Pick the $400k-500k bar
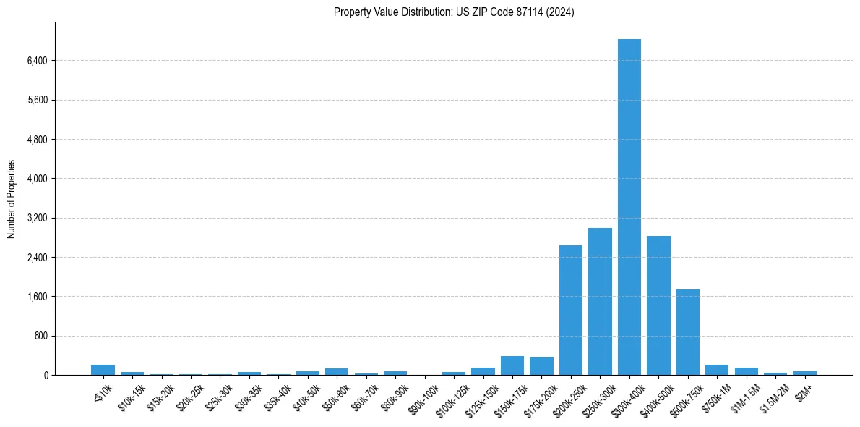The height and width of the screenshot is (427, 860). pyautogui.click(x=658, y=305)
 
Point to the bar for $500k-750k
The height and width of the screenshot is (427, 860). pyautogui.click(x=688, y=332)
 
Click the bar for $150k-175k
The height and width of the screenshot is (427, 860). pyautogui.click(x=512, y=365)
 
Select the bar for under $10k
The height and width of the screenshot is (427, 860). pyautogui.click(x=103, y=370)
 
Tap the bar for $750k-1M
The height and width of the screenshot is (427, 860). pyautogui.click(x=717, y=370)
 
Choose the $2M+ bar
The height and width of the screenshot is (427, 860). pyautogui.click(x=804, y=373)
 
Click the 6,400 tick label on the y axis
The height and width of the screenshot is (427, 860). pyautogui.click(x=37, y=61)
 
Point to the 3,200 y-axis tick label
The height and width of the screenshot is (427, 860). pyautogui.click(x=37, y=218)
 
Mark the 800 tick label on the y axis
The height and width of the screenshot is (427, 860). pyautogui.click(x=40, y=336)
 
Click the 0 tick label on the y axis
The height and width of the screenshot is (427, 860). pyautogui.click(x=46, y=375)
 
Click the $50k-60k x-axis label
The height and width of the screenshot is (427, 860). pyautogui.click(x=336, y=394)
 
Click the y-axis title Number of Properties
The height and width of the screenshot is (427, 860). pyautogui.click(x=11, y=198)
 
